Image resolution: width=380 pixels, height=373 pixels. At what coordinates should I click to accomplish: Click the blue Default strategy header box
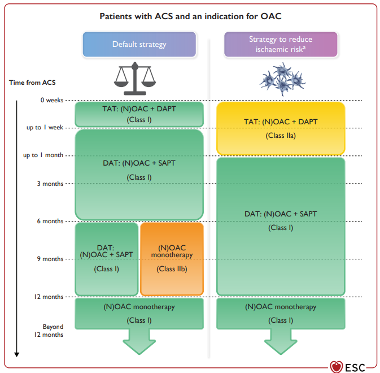139,45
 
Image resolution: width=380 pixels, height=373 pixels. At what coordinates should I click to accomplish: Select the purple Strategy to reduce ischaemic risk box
281,45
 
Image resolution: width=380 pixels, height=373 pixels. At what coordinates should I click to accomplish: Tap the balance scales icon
135,79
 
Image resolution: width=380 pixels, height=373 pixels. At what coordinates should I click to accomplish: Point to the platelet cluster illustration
282,79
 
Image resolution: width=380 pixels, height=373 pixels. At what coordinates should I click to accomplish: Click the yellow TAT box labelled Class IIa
281,128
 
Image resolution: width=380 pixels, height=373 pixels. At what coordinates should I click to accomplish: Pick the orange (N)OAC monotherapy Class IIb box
172,259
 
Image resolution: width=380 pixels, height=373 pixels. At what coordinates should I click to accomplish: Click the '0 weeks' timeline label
52,100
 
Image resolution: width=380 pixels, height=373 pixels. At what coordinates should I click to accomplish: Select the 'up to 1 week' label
45,128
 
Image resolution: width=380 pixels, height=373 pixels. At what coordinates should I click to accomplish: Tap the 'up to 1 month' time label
43,155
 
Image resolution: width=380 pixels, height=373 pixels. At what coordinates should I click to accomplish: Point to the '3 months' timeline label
50,184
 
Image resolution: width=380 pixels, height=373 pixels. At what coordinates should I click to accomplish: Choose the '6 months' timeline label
50,221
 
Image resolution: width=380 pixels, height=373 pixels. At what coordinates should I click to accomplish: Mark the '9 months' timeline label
50,259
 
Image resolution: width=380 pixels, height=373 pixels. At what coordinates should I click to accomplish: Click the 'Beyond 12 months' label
49,331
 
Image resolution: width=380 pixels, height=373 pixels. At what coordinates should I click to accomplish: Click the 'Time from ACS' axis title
32,83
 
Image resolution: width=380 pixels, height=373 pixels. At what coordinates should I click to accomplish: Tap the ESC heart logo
337,367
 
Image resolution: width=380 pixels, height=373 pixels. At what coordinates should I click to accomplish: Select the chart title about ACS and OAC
190,16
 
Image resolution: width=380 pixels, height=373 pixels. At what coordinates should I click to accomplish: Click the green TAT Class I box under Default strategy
139,115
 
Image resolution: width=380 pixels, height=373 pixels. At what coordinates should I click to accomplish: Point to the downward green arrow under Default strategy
139,341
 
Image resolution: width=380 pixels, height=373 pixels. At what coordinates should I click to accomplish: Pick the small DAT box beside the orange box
107,259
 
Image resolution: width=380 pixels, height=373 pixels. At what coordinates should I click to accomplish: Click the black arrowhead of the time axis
17,354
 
